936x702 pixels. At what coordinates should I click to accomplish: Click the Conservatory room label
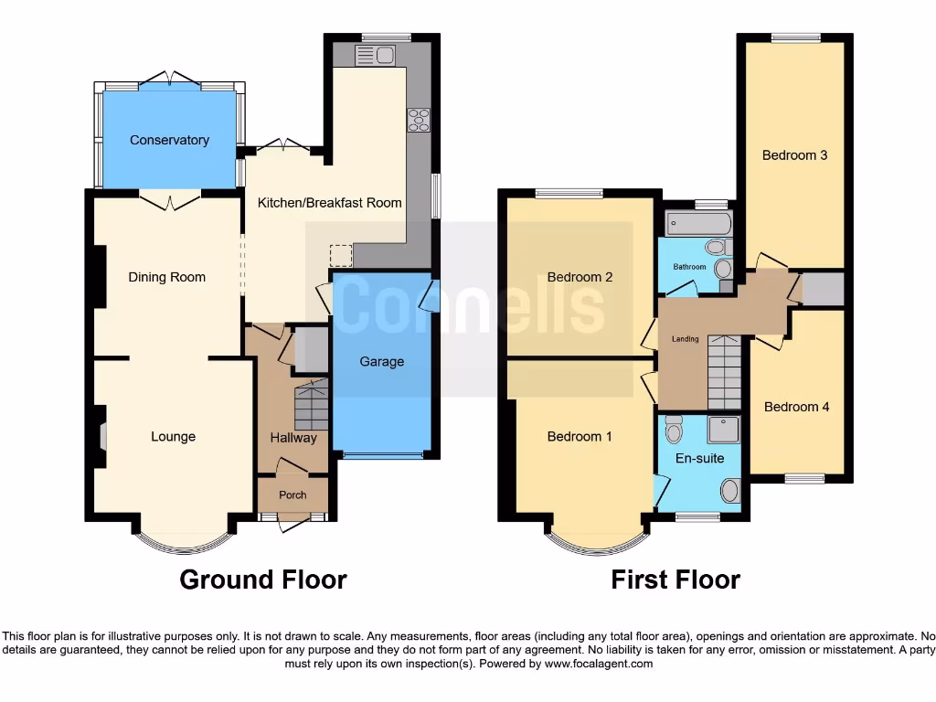(x=169, y=140)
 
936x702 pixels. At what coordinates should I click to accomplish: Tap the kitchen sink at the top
(x=376, y=56)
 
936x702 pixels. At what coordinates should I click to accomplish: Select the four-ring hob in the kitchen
(x=419, y=120)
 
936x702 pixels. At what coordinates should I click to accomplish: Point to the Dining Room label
(x=166, y=277)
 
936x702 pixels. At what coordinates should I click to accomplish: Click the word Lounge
(x=173, y=437)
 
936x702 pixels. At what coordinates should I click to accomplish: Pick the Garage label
(x=381, y=362)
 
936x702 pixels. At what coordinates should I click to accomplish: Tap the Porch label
(x=292, y=495)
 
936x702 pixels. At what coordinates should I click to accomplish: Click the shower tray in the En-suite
(x=723, y=429)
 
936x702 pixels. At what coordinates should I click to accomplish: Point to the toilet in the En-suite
(x=674, y=428)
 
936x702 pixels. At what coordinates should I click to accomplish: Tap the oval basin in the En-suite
(x=729, y=491)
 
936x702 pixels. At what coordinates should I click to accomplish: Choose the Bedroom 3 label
(x=794, y=155)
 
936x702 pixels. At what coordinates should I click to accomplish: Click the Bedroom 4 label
(x=796, y=407)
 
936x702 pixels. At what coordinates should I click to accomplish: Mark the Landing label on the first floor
(x=685, y=339)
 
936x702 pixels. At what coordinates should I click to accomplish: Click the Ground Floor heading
(x=262, y=580)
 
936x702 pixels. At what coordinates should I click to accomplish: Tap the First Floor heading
(x=675, y=580)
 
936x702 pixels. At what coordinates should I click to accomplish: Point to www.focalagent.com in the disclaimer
(x=598, y=664)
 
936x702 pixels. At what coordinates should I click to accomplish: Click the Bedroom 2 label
(x=580, y=277)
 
